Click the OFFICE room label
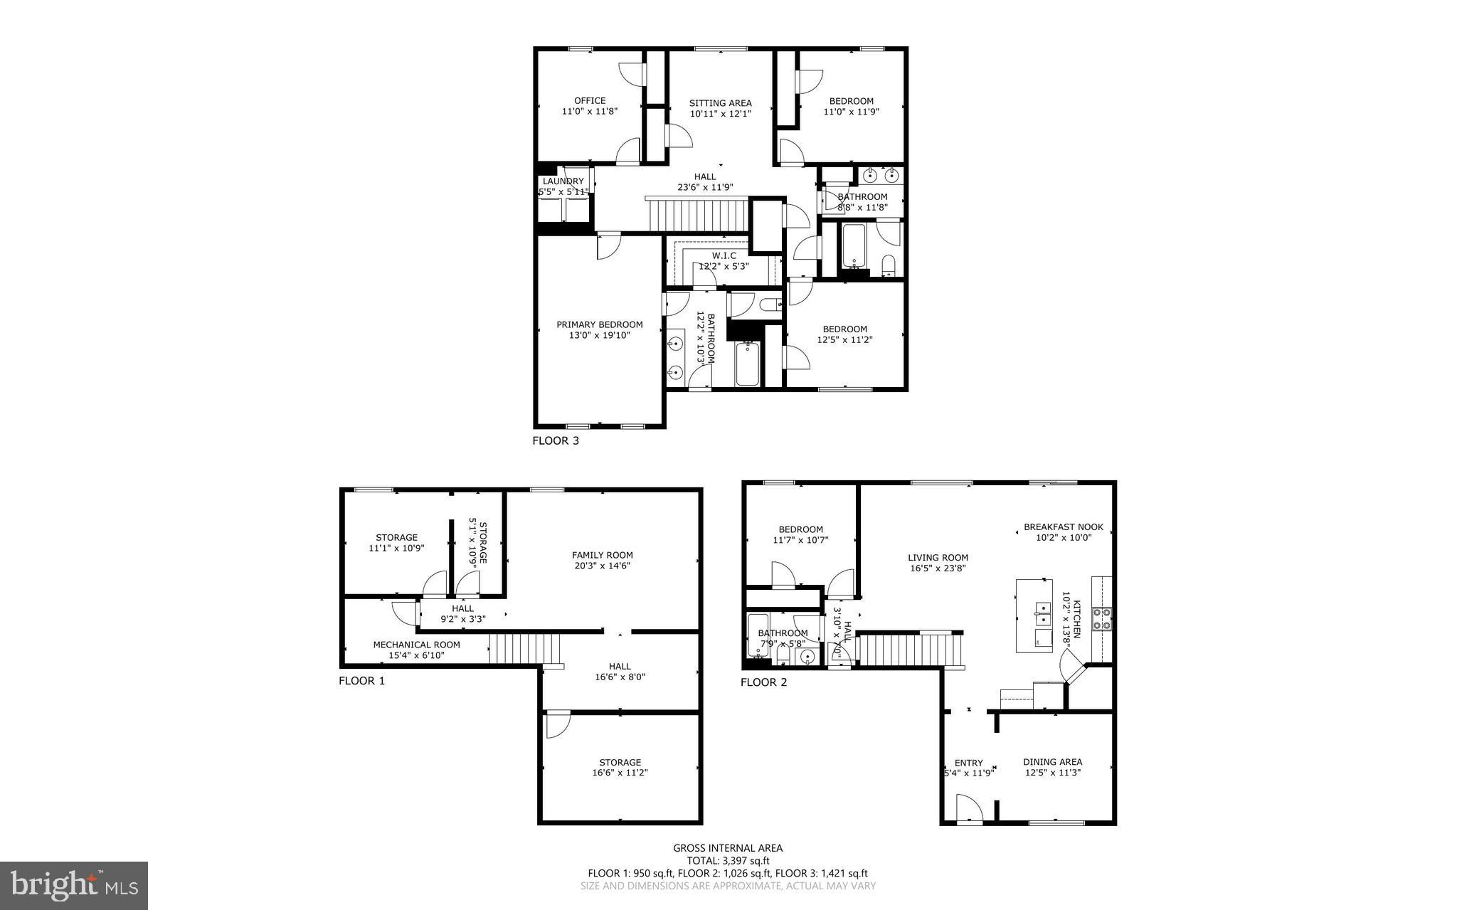[590, 100]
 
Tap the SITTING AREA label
[720, 103]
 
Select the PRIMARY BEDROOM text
[599, 324]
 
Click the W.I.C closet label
[724, 255]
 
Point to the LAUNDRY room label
[563, 181]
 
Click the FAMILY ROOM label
[602, 555]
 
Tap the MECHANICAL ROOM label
[416, 645]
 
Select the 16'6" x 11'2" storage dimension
[620, 773]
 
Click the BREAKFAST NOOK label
[1063, 527]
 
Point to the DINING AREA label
[1052, 762]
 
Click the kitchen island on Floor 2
[1033, 615]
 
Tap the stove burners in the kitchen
[1101, 619]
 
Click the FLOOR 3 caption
[556, 440]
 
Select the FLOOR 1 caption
[361, 681]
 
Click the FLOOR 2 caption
[763, 682]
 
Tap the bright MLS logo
[74, 885]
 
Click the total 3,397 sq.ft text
[728, 860]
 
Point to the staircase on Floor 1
[525, 648]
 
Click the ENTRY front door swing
[969, 808]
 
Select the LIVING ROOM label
[938, 558]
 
